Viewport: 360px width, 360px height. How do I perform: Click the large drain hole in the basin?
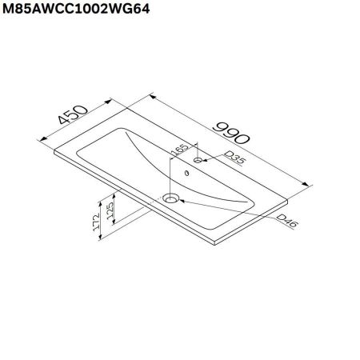pos(170,197)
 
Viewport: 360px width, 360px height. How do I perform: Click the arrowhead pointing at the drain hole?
pos(182,200)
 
